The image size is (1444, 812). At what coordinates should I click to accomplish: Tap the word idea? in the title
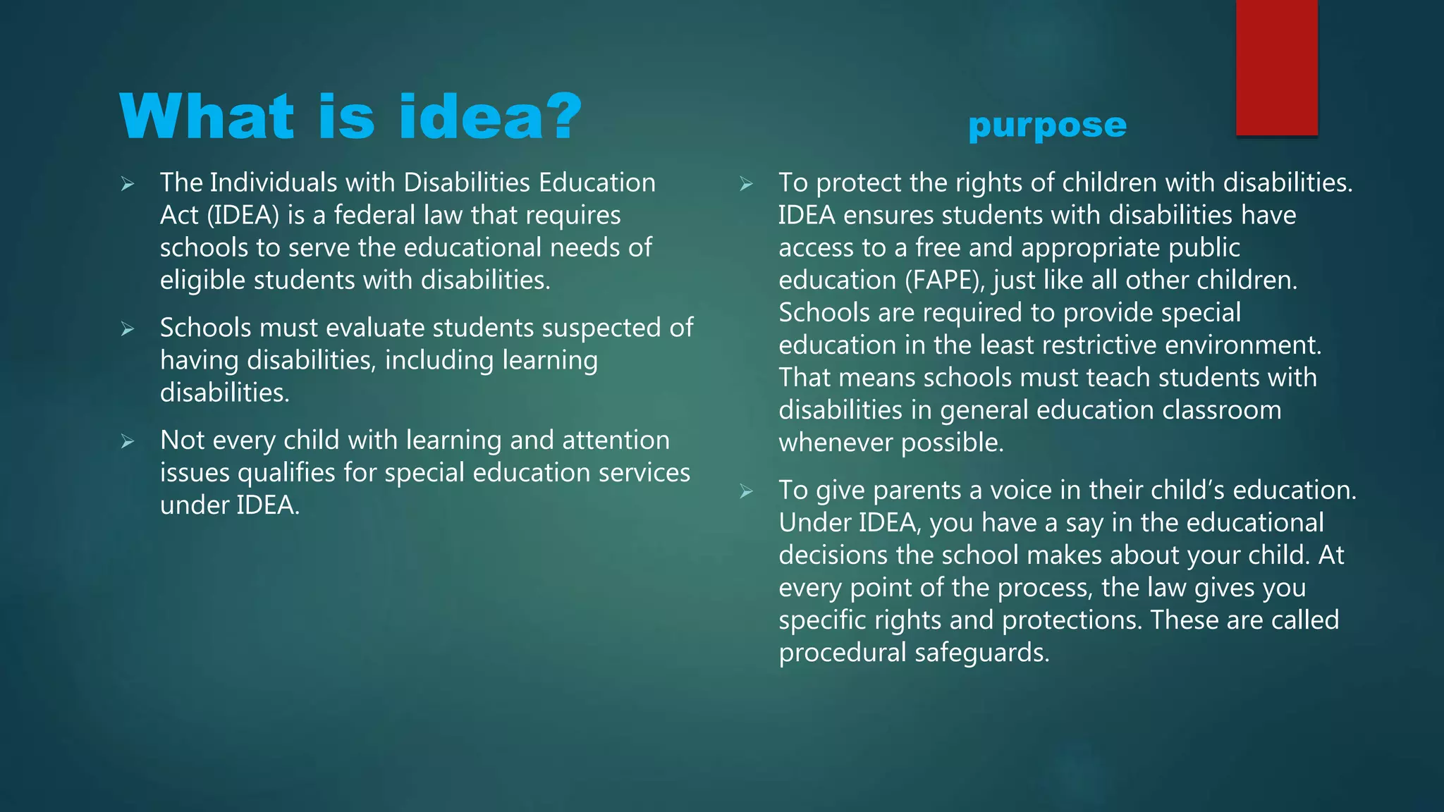(x=491, y=117)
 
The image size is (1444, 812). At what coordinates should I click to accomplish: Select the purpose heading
(x=1047, y=125)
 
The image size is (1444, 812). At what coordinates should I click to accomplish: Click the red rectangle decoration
(x=1276, y=68)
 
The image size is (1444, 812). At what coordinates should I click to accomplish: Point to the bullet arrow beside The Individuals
(x=128, y=185)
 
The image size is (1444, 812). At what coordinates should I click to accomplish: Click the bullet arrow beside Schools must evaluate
(x=128, y=329)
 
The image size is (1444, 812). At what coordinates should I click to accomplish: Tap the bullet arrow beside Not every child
(x=128, y=442)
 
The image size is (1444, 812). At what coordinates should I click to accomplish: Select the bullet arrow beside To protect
(x=746, y=185)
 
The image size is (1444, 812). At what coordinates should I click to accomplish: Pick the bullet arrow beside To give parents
(x=746, y=492)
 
